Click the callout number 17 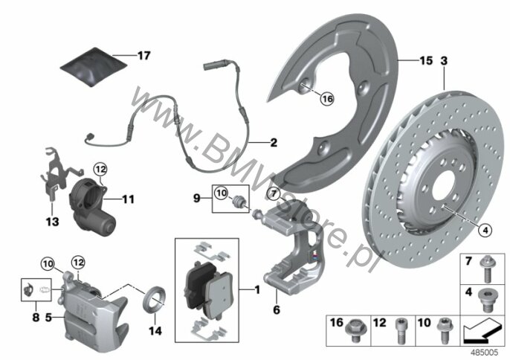point(143,56)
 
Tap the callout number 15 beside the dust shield point(426,60)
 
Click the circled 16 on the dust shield point(327,98)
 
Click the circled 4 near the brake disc point(485,231)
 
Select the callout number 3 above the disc point(444,60)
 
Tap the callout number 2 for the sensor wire point(274,142)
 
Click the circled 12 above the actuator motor point(100,170)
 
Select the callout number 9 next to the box point(197,198)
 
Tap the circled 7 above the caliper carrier point(274,194)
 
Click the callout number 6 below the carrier point(277,309)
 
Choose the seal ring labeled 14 point(155,299)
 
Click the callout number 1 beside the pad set point(257,289)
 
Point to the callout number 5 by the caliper point(48,317)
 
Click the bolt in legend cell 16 point(354,330)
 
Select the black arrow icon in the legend point(482,331)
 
